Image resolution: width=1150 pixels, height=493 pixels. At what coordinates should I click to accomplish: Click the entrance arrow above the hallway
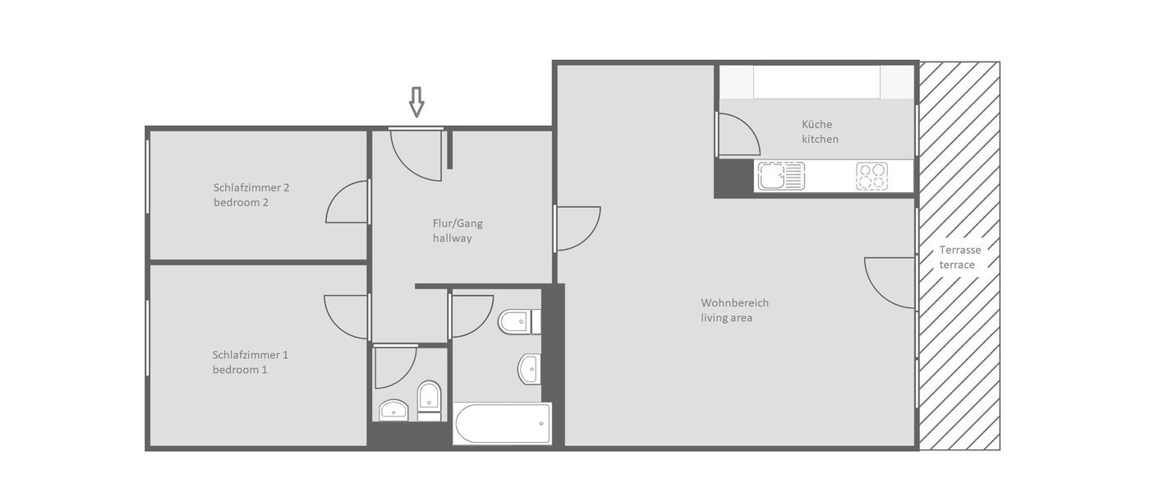(416, 102)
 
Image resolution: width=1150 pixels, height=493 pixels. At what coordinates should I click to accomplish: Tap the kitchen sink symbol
(781, 176)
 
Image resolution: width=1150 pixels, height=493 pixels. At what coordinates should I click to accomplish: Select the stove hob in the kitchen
(872, 176)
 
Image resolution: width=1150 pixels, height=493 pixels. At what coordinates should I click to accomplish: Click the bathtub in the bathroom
(502, 424)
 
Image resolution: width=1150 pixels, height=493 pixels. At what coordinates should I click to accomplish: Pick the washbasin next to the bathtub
(530, 369)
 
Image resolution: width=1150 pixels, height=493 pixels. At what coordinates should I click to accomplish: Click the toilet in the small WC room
(429, 400)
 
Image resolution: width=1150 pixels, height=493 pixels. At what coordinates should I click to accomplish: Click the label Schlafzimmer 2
(251, 187)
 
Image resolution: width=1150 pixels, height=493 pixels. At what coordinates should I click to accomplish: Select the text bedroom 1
(240, 370)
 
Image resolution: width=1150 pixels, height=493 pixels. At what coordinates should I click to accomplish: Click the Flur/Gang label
(452, 223)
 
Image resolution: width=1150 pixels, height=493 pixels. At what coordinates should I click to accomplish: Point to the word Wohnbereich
(734, 302)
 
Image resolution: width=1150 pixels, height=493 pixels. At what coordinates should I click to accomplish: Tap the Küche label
(816, 124)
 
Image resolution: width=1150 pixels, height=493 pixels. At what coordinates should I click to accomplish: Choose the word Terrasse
(959, 250)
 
